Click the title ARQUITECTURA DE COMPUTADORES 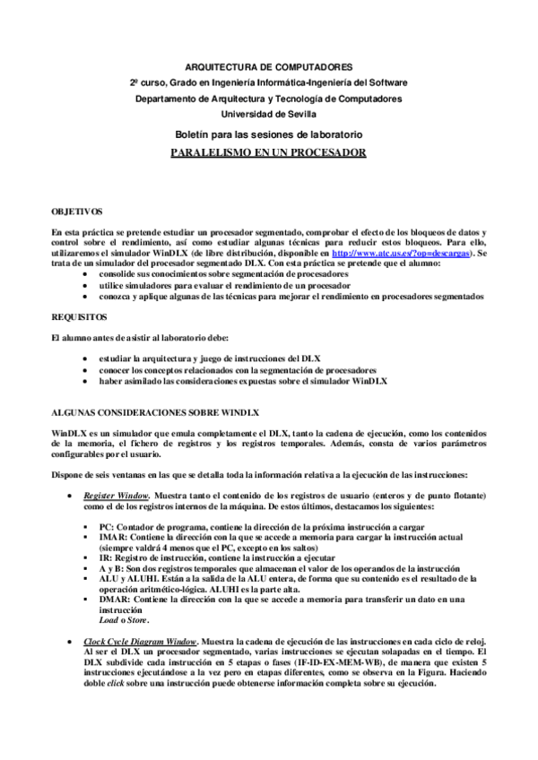(x=269, y=68)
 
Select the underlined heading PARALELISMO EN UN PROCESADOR (x=269, y=152)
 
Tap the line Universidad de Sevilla (x=269, y=114)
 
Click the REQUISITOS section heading (x=79, y=317)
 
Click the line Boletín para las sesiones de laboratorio (x=269, y=134)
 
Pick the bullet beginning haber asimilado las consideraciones (x=242, y=381)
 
